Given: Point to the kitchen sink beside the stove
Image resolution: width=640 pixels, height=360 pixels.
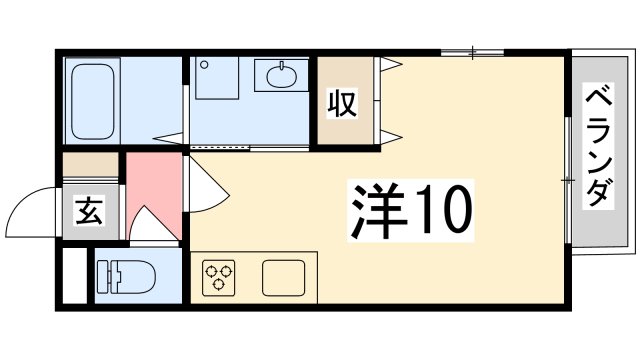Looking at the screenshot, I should (288, 277).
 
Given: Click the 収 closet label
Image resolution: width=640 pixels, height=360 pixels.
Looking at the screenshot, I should (343, 103).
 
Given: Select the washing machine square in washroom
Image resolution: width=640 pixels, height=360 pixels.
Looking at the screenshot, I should (218, 78).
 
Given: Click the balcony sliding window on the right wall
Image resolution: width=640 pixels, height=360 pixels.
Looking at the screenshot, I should (567, 179).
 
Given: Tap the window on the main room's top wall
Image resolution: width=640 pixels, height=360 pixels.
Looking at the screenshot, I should (472, 51).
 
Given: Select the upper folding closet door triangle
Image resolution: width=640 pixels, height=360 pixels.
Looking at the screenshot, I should (391, 65).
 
